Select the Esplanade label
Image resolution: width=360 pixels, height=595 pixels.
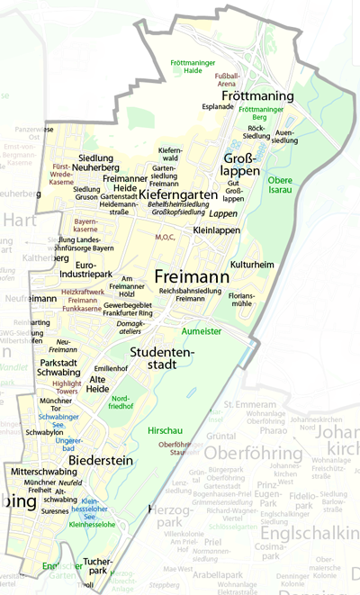(x=217, y=105)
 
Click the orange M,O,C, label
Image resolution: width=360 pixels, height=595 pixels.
(x=165, y=238)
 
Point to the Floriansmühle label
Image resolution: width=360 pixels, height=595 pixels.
(x=242, y=299)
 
